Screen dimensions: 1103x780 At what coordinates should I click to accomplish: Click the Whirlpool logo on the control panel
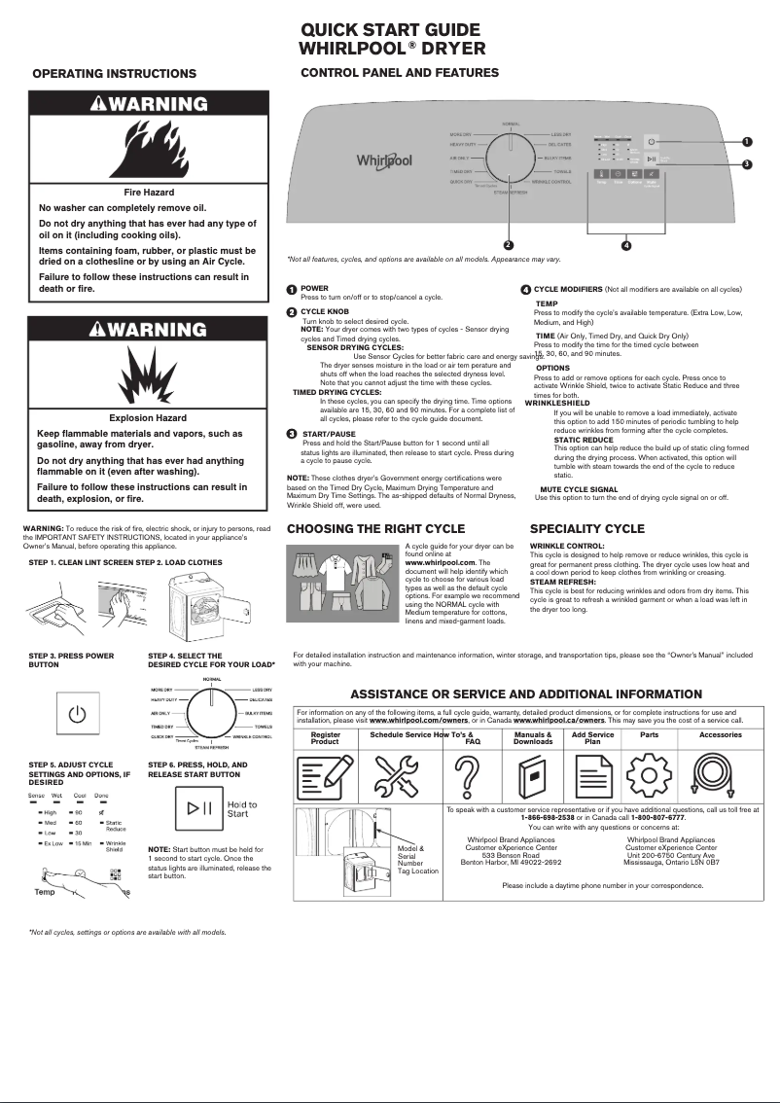coord(384,160)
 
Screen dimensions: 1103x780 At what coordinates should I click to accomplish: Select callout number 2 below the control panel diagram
coord(508,243)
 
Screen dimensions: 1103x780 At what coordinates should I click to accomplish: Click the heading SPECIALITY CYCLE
coord(586,529)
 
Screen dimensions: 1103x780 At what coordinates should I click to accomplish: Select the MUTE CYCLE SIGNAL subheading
coord(579,489)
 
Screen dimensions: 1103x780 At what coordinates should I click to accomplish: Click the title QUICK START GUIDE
coord(390,30)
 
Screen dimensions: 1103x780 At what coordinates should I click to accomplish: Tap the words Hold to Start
coord(241,809)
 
